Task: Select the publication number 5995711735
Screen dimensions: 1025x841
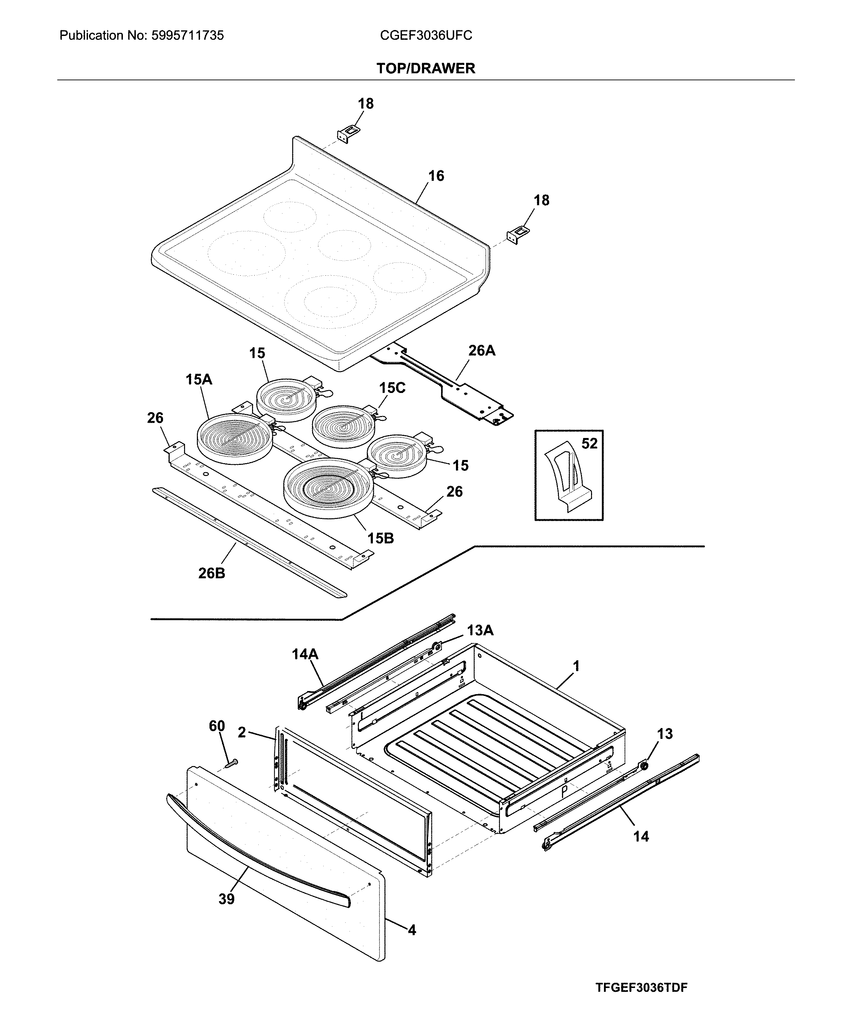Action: tap(187, 35)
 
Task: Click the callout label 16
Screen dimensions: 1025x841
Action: tap(436, 176)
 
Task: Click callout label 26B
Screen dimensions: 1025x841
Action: tap(212, 573)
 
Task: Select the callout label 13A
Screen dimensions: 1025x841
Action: tap(480, 630)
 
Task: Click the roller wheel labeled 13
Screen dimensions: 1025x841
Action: tap(644, 765)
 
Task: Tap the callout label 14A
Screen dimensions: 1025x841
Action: tap(305, 655)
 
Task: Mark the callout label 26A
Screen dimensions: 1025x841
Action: tap(481, 350)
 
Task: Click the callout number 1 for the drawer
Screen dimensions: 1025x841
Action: tap(576, 666)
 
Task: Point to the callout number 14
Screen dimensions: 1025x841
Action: tap(641, 836)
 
